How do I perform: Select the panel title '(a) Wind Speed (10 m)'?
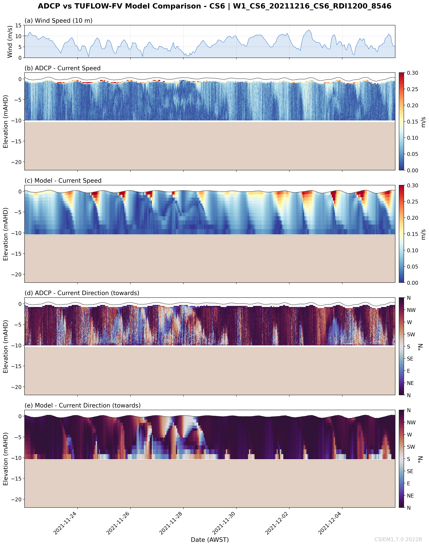click(x=58, y=21)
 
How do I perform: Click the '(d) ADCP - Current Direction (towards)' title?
click(x=82, y=293)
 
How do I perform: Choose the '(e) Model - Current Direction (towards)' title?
click(x=82, y=405)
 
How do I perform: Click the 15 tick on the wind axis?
click(x=18, y=25)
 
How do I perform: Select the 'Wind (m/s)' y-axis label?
click(x=10, y=41)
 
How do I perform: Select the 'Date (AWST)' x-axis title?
click(x=210, y=540)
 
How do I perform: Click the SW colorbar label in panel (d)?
click(x=411, y=334)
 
